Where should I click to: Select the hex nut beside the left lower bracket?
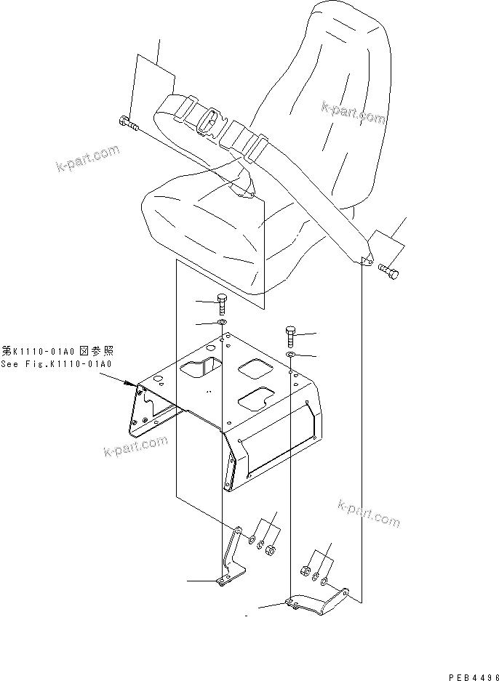[x=271, y=549]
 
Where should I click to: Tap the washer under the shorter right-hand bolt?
[x=290, y=355]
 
